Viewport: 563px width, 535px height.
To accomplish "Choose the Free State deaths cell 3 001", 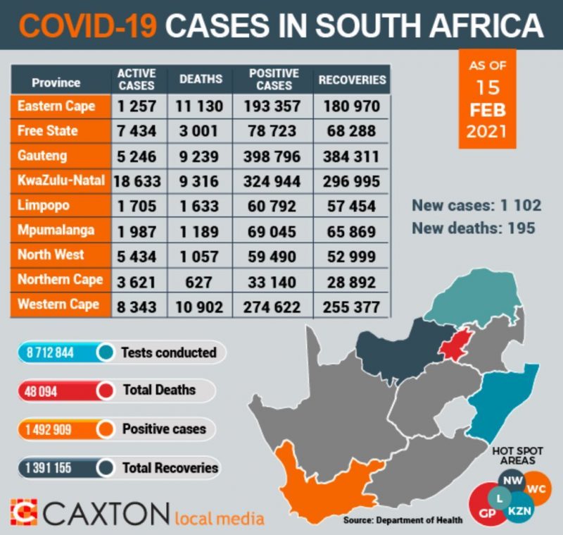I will pyautogui.click(x=201, y=131).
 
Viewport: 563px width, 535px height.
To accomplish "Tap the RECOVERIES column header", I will pyautogui.click(x=352, y=80).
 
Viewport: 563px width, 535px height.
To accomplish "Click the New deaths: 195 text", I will pyautogui.click(x=473, y=228).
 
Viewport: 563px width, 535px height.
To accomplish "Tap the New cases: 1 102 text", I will pyautogui.click(x=476, y=206).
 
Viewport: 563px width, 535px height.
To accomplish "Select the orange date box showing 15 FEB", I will pyautogui.click(x=487, y=99).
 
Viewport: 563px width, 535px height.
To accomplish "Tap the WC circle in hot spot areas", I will pyautogui.click(x=536, y=488).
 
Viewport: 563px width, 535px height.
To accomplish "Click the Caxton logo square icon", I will pyautogui.click(x=24, y=512).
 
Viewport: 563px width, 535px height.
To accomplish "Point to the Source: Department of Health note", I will pyautogui.click(x=403, y=520).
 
